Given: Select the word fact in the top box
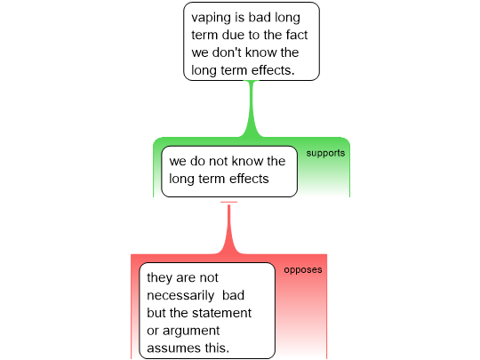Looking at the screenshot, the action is (x=297, y=35).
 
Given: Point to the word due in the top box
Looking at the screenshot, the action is (x=233, y=35).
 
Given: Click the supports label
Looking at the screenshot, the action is (x=325, y=153).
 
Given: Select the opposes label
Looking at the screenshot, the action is (x=303, y=269).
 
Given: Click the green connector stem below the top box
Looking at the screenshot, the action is (x=252, y=108).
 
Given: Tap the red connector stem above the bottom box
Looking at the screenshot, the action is (x=228, y=229).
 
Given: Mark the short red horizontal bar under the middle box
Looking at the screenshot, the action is (x=228, y=202).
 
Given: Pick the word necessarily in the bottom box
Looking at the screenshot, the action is (x=180, y=295).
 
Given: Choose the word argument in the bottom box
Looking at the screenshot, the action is (x=191, y=331).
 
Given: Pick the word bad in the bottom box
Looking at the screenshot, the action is (x=233, y=295).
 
